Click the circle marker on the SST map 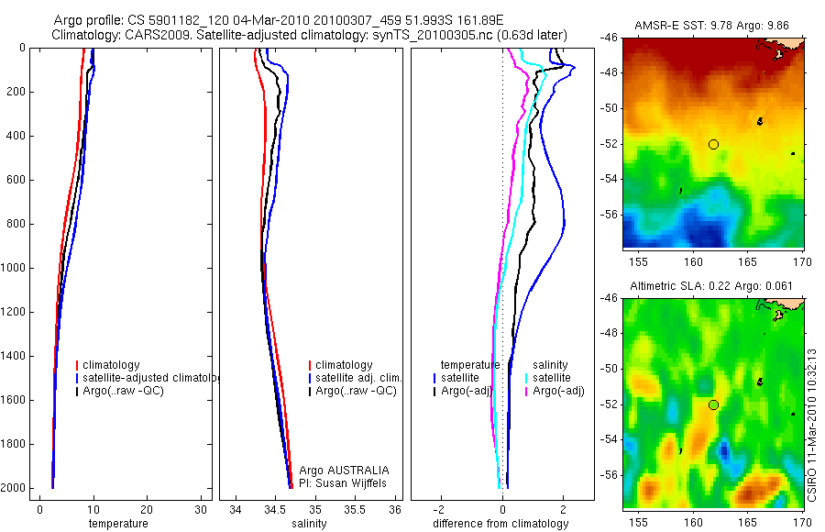[713, 144]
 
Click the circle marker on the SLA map [713, 405]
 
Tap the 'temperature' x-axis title [117, 524]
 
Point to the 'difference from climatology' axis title [500, 524]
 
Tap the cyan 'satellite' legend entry [551, 378]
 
